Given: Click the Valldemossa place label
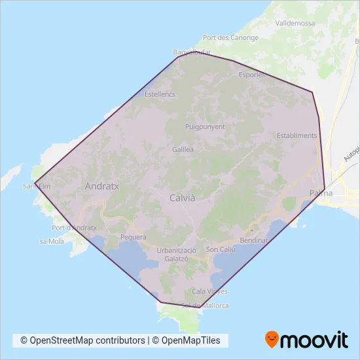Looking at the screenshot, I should [x=296, y=23].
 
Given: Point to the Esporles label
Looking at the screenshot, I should [x=253, y=75].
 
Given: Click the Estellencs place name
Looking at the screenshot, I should [x=160, y=94].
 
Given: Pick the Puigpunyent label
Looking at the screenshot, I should [x=205, y=126].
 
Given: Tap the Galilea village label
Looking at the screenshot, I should [x=183, y=149].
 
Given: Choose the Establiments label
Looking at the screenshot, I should [x=297, y=136].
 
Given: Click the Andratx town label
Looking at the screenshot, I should [x=102, y=186].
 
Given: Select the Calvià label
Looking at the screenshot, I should [x=183, y=197].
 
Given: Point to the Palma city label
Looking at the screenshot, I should [x=321, y=193].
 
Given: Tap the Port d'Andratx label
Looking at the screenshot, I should [x=74, y=228].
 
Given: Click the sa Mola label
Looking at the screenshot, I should [x=52, y=242].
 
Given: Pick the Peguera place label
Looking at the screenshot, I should [x=134, y=237].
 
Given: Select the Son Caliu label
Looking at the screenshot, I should [x=221, y=249].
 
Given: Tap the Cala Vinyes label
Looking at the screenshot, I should [x=210, y=291].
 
